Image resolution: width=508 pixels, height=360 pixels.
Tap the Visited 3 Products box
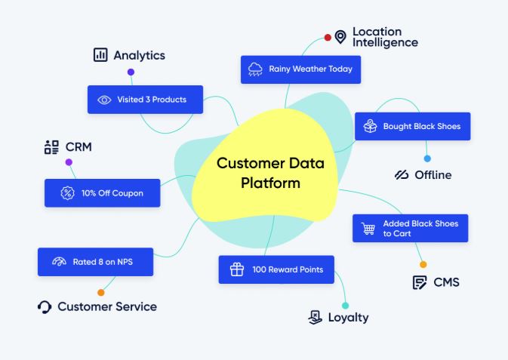pyautogui.click(x=145, y=100)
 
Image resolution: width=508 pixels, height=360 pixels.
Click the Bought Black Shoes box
pyautogui.click(x=412, y=126)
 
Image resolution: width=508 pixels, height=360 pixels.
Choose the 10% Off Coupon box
pyautogui.click(x=102, y=193)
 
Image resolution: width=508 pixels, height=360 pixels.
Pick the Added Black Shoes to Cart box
pyautogui.click(x=410, y=228)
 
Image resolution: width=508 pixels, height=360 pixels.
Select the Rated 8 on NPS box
pyautogui.click(x=95, y=262)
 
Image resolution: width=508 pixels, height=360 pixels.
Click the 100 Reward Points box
pyautogui.click(x=276, y=269)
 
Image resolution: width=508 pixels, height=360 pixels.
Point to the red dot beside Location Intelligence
pyautogui.click(x=328, y=37)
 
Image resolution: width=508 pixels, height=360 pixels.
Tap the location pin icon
pyautogui.click(x=340, y=37)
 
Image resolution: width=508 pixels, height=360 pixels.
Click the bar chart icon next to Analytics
pyautogui.click(x=100, y=55)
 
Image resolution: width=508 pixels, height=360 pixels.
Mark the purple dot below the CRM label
pyautogui.click(x=69, y=162)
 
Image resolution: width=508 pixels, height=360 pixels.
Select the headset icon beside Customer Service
pyautogui.click(x=45, y=307)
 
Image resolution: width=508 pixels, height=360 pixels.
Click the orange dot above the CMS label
pyautogui.click(x=423, y=265)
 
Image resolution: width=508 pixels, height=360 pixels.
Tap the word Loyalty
pyautogui.click(x=348, y=318)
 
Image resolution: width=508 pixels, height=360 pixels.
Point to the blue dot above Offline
pyautogui.click(x=427, y=158)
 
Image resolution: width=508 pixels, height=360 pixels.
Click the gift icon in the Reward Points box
pyautogui.click(x=236, y=269)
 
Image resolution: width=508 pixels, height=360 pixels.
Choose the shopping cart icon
pyautogui.click(x=368, y=228)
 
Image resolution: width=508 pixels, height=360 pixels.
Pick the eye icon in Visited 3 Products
pyautogui.click(x=104, y=100)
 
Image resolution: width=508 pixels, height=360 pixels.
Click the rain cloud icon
pyautogui.click(x=255, y=69)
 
